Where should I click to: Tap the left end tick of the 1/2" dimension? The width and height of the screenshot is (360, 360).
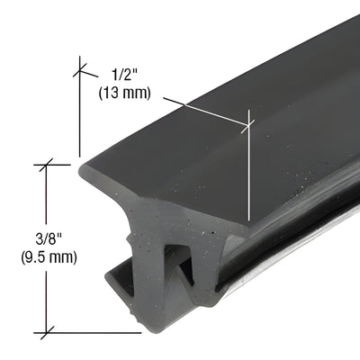[x=79, y=67]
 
